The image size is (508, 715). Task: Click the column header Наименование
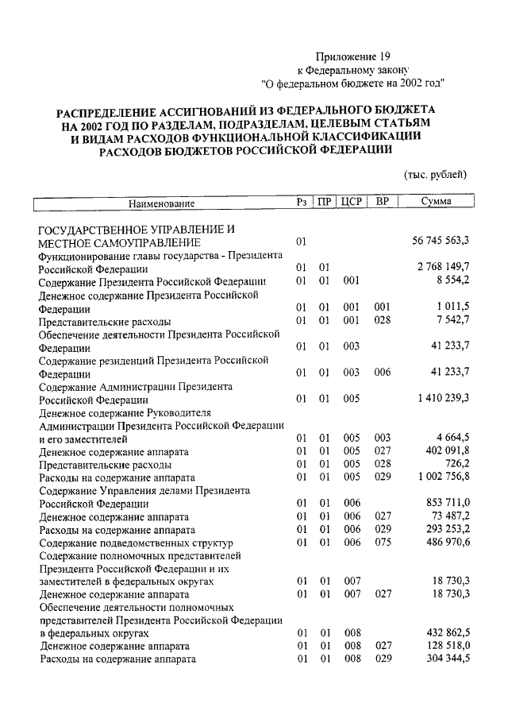coord(162,203)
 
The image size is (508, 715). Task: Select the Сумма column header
coord(436,202)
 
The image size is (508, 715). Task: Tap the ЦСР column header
coord(352,202)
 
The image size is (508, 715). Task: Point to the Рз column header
coord(302,202)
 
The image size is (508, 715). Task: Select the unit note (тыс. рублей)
coord(436,174)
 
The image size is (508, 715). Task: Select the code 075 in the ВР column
coord(383,542)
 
